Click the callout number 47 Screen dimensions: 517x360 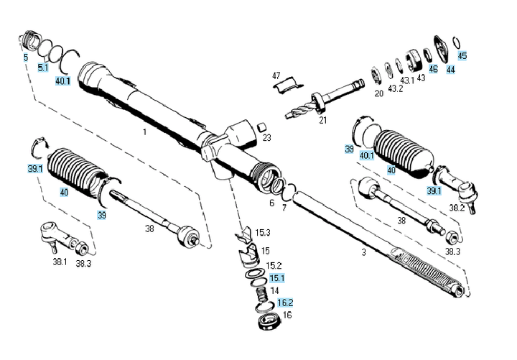[276, 75]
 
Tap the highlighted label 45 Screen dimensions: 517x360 [462, 55]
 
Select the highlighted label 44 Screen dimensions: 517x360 [450, 70]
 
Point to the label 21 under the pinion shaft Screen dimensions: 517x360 [323, 120]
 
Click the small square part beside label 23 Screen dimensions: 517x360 [262, 126]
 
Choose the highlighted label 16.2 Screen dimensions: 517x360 [285, 303]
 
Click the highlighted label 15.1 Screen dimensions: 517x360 [277, 278]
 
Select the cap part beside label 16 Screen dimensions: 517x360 [269, 322]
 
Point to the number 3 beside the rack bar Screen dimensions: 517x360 [363, 252]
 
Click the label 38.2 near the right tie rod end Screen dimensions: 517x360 [457, 208]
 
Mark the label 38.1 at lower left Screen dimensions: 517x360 [60, 262]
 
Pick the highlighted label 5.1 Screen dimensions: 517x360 [43, 68]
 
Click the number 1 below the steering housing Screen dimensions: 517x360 [144, 132]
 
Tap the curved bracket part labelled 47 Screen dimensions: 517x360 [288, 85]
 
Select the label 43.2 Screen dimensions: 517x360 [395, 88]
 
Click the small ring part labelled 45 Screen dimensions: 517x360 [457, 42]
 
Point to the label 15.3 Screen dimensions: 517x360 [263, 233]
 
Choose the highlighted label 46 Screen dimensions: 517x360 [433, 69]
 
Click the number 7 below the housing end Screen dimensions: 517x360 [284, 208]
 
